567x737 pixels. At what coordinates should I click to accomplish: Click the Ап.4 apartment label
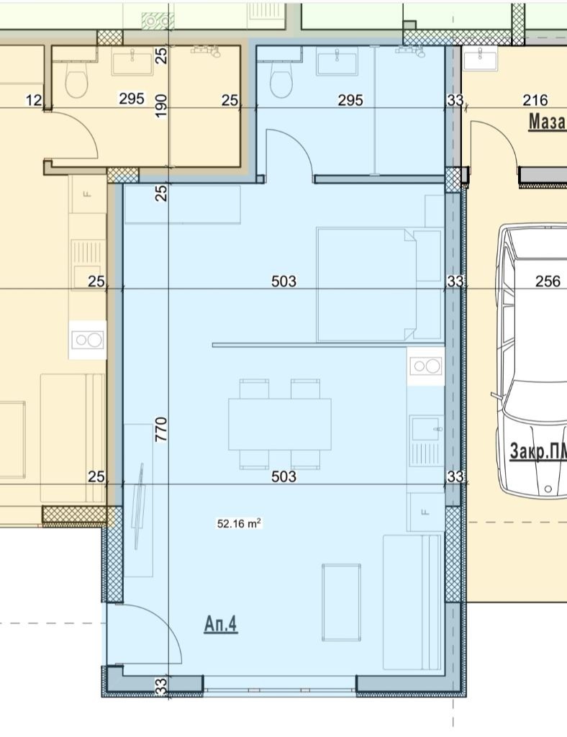[221, 625]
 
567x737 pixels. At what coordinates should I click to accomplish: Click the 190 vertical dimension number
[161, 107]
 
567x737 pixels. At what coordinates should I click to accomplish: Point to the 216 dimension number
[535, 100]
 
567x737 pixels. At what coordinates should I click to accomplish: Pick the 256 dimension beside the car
[548, 281]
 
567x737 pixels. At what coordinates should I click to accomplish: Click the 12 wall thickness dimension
[33, 100]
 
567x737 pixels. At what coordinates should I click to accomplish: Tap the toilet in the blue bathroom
[282, 80]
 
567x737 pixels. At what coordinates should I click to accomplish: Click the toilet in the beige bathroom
[76, 80]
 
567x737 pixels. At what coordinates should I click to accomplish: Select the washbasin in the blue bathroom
[337, 63]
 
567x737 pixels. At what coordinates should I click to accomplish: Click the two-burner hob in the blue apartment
[425, 366]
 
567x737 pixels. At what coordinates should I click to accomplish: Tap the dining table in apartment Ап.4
[280, 424]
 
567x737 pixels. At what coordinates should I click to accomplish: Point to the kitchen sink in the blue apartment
[425, 440]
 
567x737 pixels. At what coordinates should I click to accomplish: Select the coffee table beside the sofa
[341, 602]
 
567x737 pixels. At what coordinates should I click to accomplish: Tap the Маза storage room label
[548, 121]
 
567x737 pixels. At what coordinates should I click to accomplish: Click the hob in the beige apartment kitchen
[87, 340]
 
